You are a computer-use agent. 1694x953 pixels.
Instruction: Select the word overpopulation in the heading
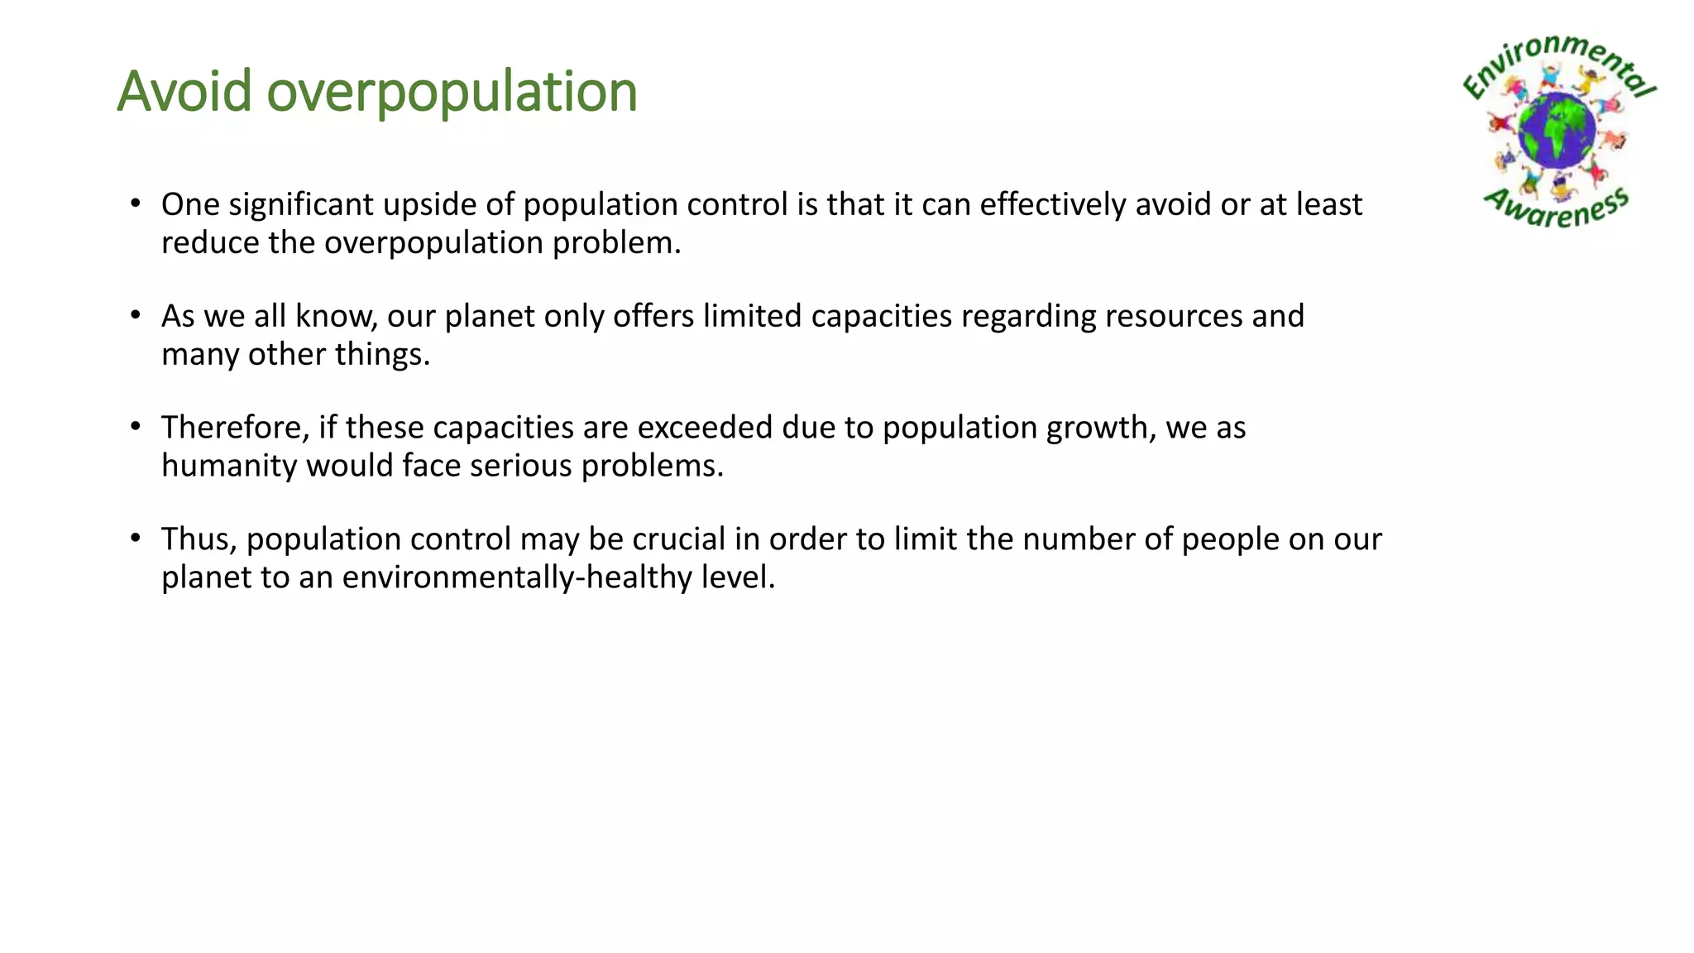click(452, 93)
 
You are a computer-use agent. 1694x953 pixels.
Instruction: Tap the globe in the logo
click(1557, 131)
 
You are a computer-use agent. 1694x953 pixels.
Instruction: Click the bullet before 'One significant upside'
click(136, 203)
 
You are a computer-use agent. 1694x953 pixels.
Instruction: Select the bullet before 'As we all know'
click(136, 314)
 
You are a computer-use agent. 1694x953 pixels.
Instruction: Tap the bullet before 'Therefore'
click(136, 426)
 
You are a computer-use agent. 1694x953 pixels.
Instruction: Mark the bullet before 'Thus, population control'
click(136, 538)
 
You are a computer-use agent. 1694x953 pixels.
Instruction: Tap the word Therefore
click(235, 428)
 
